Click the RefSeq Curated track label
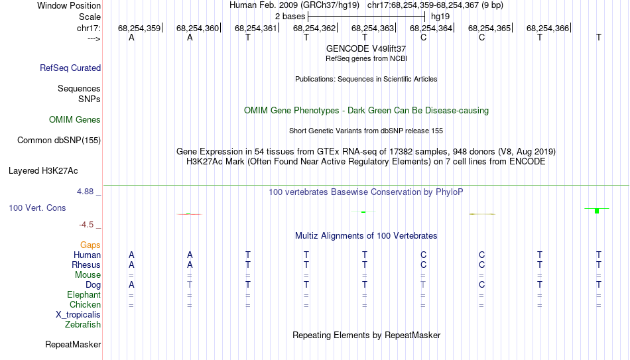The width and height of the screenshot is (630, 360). point(70,68)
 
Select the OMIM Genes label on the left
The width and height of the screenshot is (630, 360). point(75,120)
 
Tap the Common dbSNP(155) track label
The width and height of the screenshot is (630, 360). point(59,141)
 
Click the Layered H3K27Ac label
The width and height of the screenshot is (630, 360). point(43,171)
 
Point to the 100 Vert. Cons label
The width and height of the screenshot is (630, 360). point(37,208)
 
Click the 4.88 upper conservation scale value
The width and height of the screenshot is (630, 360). point(85,192)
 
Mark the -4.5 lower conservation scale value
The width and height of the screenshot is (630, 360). point(86,225)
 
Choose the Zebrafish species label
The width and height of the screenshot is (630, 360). point(83,324)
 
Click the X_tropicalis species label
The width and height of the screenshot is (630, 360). point(78,315)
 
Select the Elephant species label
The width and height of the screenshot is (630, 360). point(84,294)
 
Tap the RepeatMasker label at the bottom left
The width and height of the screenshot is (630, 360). point(73,344)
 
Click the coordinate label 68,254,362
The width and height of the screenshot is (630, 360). point(314,28)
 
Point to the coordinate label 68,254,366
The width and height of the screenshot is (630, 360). point(548,28)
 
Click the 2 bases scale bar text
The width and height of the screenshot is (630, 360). point(290,17)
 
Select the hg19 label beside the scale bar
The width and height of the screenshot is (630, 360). point(440,17)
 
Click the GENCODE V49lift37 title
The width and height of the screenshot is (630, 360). point(366,48)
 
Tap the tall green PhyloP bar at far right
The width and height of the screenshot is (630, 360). point(597,211)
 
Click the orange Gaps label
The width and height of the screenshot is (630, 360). point(90,245)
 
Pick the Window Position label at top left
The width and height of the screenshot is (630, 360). point(69,5)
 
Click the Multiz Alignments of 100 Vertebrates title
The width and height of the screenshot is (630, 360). point(366,236)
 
